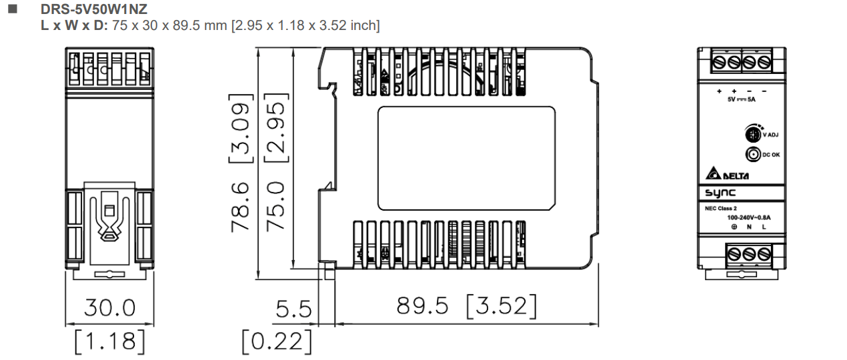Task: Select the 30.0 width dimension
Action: pos(109,307)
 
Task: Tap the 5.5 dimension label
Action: pos(294,309)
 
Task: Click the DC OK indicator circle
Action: pos(752,155)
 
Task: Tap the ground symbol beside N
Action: pos(734,227)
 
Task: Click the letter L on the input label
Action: pos(764,227)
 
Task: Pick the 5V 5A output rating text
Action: pos(741,99)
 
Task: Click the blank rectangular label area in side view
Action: pos(466,156)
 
